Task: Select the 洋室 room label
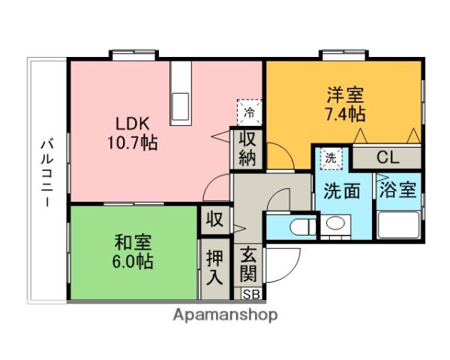click(345, 96)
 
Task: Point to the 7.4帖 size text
click(345, 115)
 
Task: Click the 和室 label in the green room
click(133, 243)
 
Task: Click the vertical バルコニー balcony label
click(47, 173)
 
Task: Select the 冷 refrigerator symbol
click(248, 112)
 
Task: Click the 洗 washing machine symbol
click(330, 158)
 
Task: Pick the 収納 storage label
click(247, 148)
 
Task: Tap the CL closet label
click(388, 157)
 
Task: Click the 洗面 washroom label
click(341, 190)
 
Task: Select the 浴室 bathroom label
click(397, 190)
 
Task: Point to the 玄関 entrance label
click(247, 262)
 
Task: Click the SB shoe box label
click(247, 293)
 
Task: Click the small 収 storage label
click(214, 220)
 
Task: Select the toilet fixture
click(298, 227)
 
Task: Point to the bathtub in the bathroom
click(397, 226)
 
